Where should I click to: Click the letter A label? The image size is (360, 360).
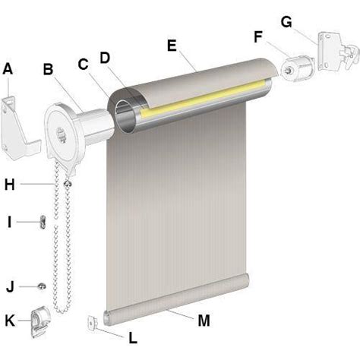point(8,69)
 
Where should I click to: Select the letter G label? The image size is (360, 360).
point(286,22)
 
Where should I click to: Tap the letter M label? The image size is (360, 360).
point(204,321)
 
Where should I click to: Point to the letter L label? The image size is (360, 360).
point(133,338)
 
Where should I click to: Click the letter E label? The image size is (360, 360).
point(172,46)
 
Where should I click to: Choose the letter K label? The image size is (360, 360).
point(10,321)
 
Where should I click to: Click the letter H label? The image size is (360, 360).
point(10,185)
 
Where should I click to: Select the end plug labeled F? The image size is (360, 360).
point(298,68)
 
